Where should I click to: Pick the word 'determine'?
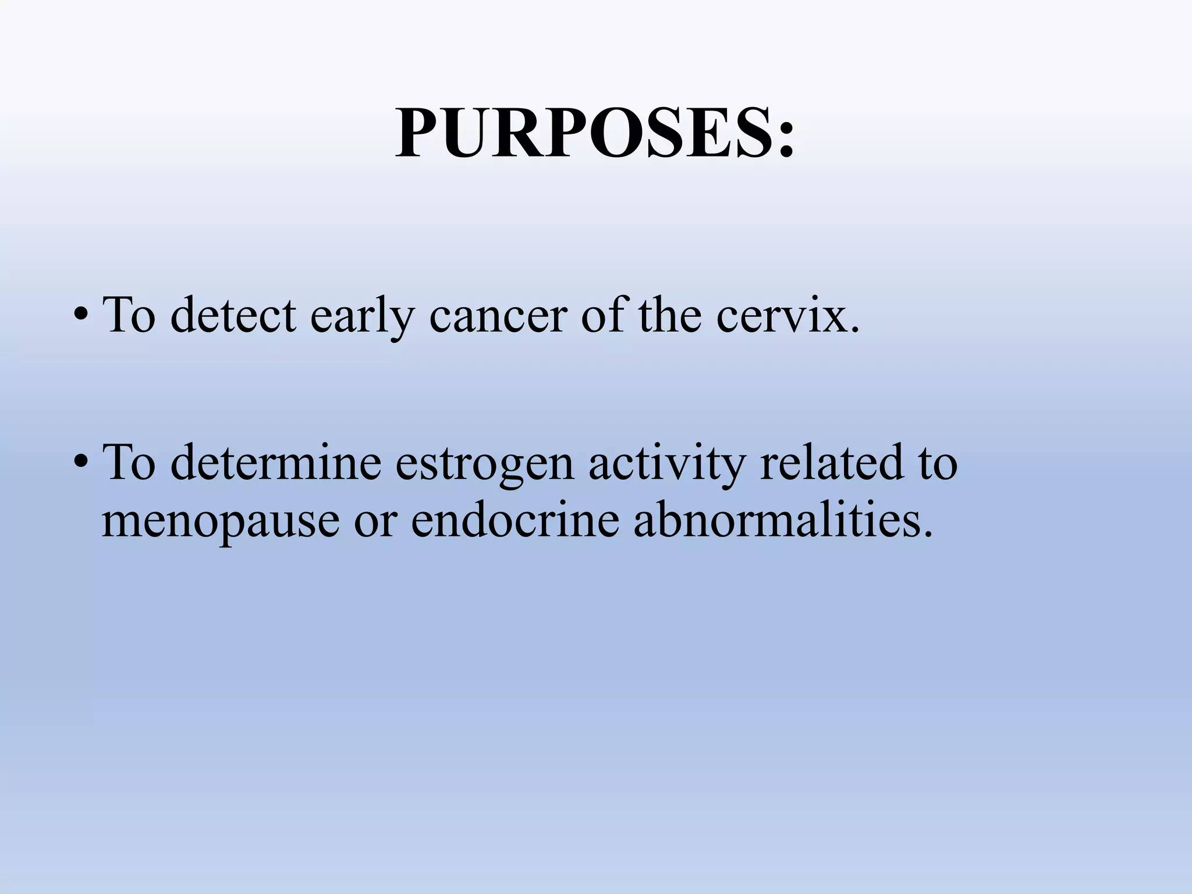pyautogui.click(x=276, y=462)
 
